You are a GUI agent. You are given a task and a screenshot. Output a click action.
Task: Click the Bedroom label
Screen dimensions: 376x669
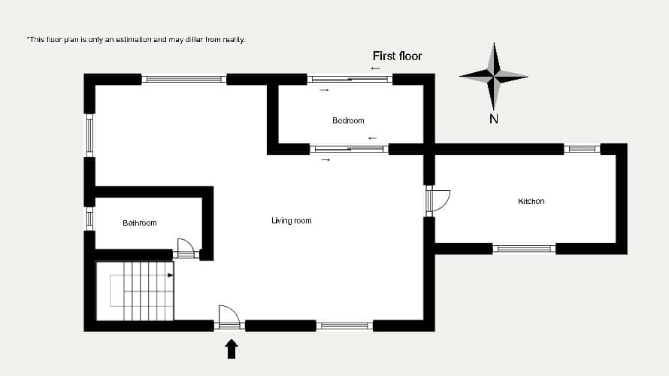(348, 121)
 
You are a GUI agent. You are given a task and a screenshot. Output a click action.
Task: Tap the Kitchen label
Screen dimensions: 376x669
(531, 202)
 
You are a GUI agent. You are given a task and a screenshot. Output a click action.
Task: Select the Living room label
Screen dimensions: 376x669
(291, 221)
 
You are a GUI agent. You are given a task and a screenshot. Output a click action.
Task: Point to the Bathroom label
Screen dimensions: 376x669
(140, 223)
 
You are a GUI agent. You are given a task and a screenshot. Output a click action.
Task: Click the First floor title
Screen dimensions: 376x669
(397, 56)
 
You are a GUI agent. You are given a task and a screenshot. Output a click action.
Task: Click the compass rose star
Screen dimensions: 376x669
(493, 76)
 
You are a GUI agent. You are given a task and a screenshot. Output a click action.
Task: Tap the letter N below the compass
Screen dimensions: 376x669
(494, 119)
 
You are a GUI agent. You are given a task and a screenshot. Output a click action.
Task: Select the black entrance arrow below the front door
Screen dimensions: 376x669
(232, 348)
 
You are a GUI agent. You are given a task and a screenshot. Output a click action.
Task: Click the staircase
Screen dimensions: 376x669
(135, 291)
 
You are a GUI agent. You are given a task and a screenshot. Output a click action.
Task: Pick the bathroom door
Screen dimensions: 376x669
(185, 250)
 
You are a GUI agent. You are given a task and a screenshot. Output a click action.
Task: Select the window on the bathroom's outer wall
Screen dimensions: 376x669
(89, 219)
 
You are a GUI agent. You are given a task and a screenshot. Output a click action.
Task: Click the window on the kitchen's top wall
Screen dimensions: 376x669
(582, 149)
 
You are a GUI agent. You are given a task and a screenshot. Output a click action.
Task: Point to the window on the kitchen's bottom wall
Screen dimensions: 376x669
(524, 248)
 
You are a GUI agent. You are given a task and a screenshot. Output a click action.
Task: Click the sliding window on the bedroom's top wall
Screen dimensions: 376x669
(350, 79)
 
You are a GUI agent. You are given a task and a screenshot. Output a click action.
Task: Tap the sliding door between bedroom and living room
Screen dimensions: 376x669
(349, 149)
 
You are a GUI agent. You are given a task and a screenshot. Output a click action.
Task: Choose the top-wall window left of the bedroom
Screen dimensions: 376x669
(184, 79)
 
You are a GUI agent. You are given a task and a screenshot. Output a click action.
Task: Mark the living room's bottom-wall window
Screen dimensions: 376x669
(344, 326)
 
